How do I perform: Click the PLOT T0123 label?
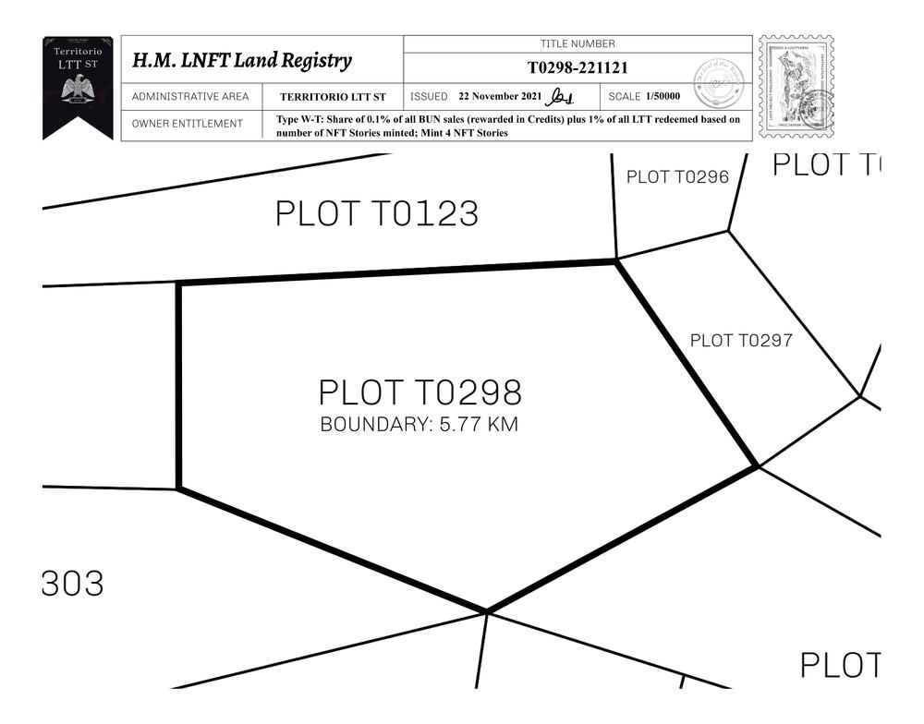tap(377, 214)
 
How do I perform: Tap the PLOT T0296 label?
tap(677, 177)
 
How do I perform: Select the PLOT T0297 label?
tap(741, 341)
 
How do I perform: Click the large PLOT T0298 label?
tap(420, 392)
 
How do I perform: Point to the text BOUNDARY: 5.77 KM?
tap(419, 426)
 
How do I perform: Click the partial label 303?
tap(73, 584)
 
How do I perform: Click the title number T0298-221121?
tap(578, 67)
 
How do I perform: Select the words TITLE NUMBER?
tap(577, 43)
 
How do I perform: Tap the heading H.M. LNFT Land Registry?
tap(242, 61)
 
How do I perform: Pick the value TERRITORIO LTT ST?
tap(334, 97)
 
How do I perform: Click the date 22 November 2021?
tap(501, 96)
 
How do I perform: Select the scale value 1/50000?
tap(663, 96)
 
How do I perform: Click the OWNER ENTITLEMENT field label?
tap(188, 124)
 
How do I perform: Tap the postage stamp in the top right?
tap(796, 88)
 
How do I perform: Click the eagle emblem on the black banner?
tap(78, 90)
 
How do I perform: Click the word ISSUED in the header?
tap(429, 97)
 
